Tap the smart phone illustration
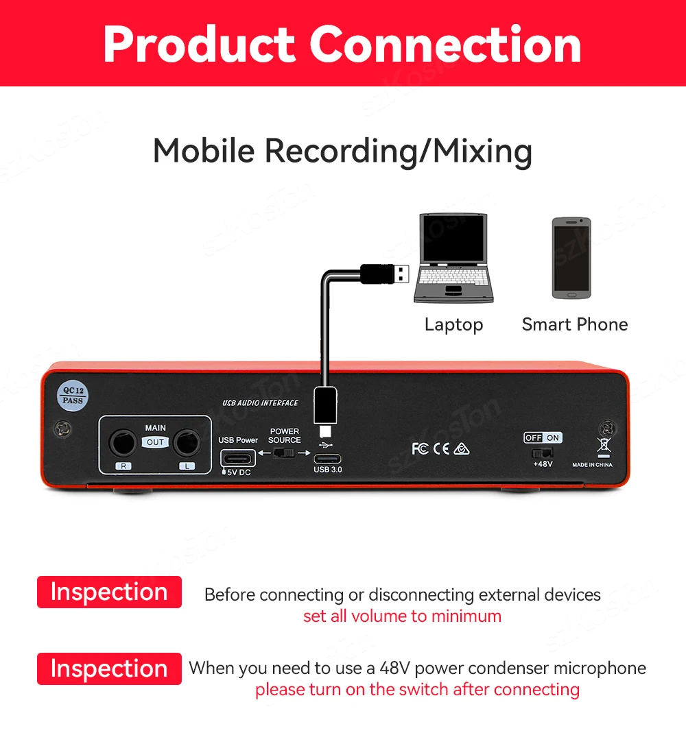coord(571,258)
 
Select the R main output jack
coord(124,442)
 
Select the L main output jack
coord(187,442)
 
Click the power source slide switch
coord(283,453)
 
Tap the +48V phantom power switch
coord(542,453)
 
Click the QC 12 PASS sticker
coord(73,395)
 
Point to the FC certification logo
coord(420,448)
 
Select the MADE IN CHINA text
coord(593,465)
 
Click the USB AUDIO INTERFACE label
coord(260,402)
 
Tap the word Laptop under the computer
coord(453,324)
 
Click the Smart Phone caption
coord(575,324)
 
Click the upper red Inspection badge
coord(109,592)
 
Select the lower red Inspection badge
coord(109,669)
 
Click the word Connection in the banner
coord(445,45)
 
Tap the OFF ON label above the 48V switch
coord(543,437)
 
